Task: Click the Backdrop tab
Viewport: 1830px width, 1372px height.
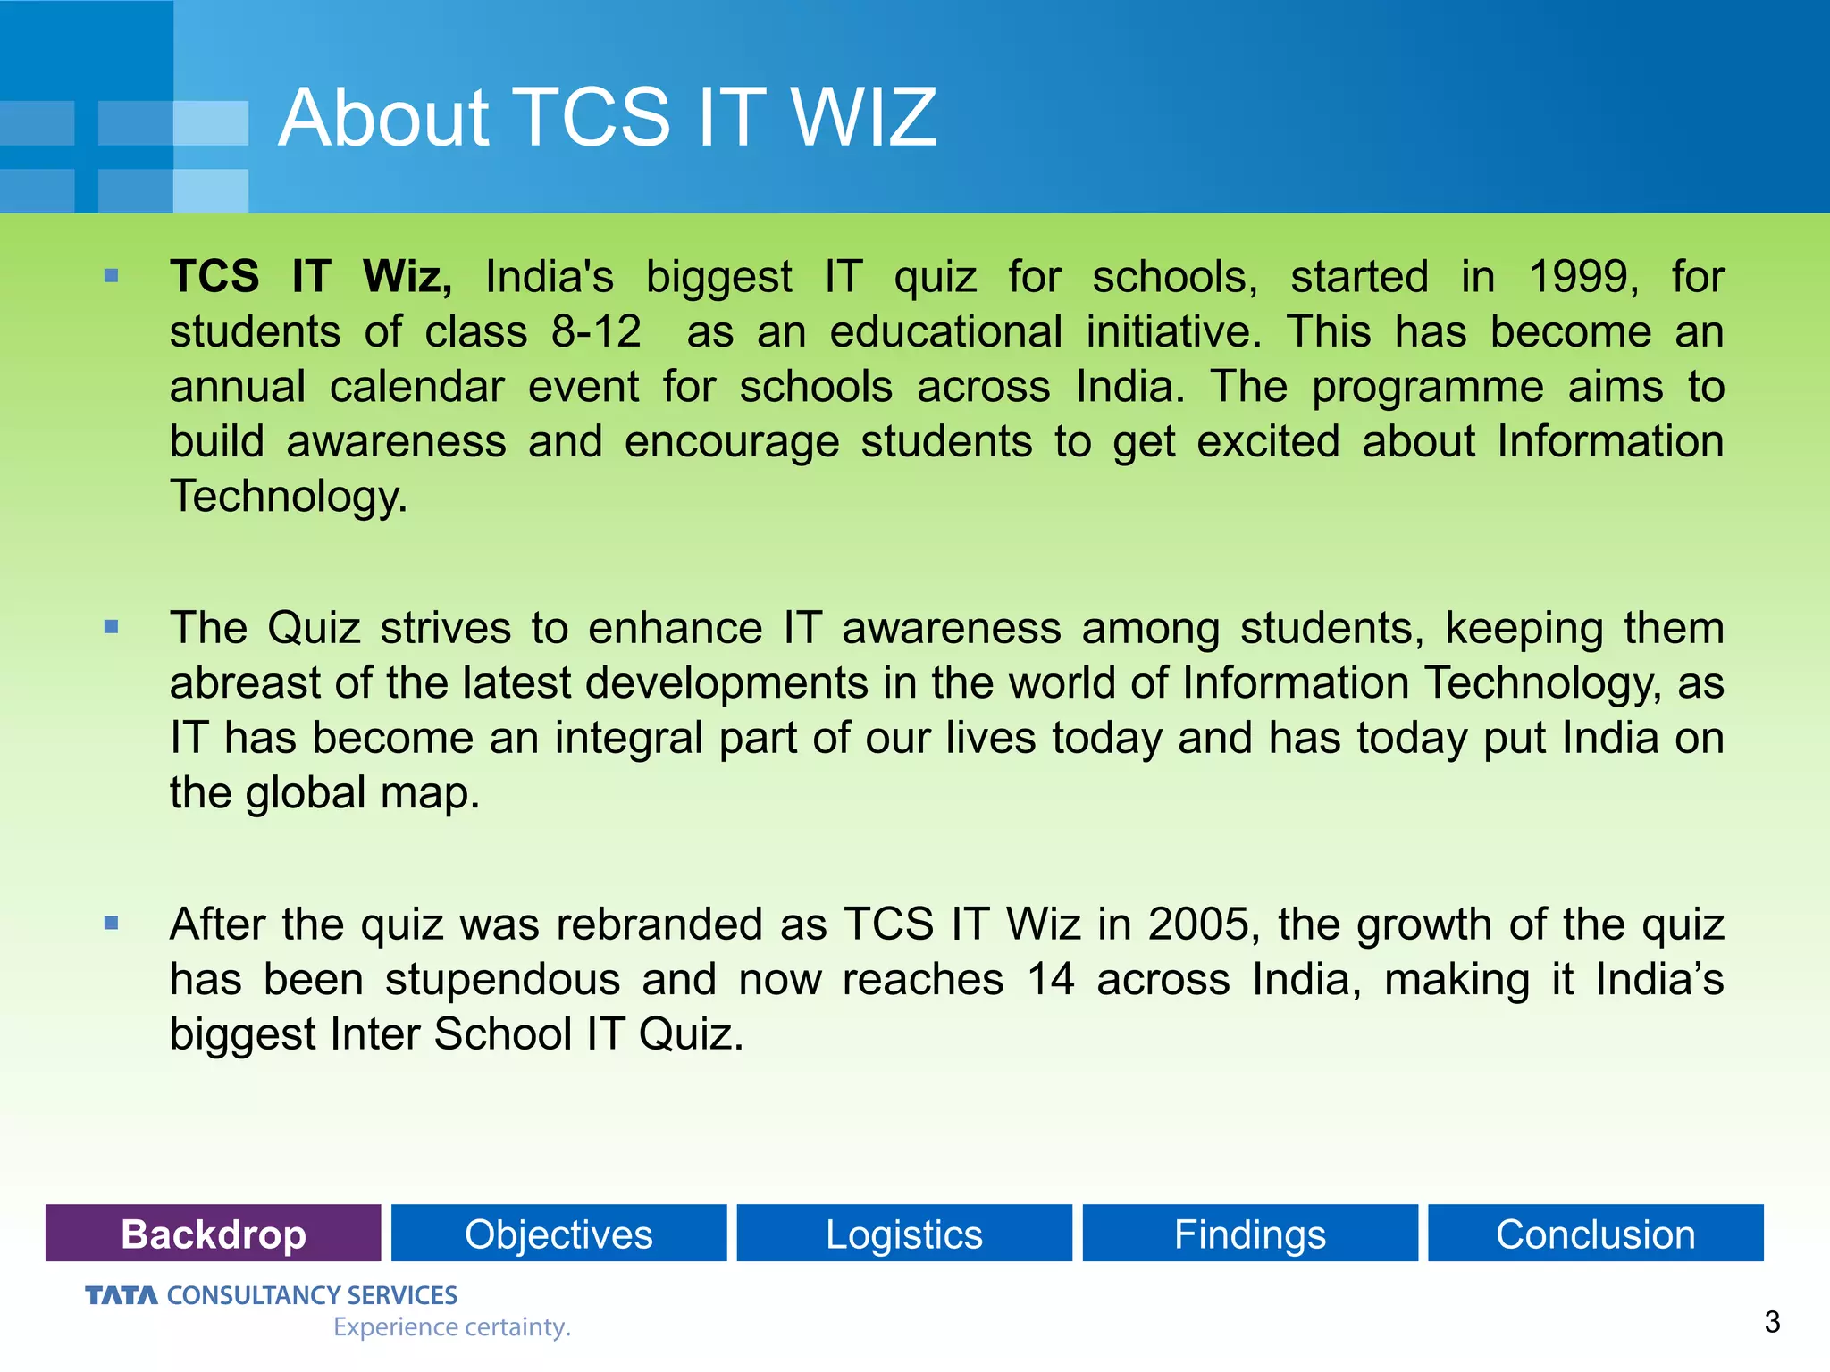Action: [213, 1234]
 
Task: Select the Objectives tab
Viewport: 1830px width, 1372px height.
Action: [558, 1234]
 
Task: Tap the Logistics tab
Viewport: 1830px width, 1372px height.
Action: [903, 1234]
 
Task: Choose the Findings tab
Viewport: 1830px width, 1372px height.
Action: [1249, 1234]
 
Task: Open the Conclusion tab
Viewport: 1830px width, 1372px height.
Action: [1595, 1234]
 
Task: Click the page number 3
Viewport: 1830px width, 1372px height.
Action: [1773, 1321]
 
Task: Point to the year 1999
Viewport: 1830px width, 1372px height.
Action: [1582, 277]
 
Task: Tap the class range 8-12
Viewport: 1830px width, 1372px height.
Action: [596, 332]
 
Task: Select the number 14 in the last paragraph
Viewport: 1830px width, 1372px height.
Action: [1050, 979]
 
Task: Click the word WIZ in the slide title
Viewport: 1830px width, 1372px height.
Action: [863, 118]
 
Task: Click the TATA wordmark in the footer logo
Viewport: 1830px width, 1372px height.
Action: [122, 1295]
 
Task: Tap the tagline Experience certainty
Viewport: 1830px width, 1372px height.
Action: [451, 1327]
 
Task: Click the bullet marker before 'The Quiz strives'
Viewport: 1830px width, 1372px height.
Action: [111, 627]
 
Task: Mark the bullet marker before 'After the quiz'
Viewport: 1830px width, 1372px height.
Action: [111, 923]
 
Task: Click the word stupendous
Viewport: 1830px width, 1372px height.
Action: [502, 979]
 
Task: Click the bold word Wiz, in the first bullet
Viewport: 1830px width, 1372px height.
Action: [407, 277]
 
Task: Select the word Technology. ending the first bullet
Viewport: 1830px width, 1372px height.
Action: [288, 497]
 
